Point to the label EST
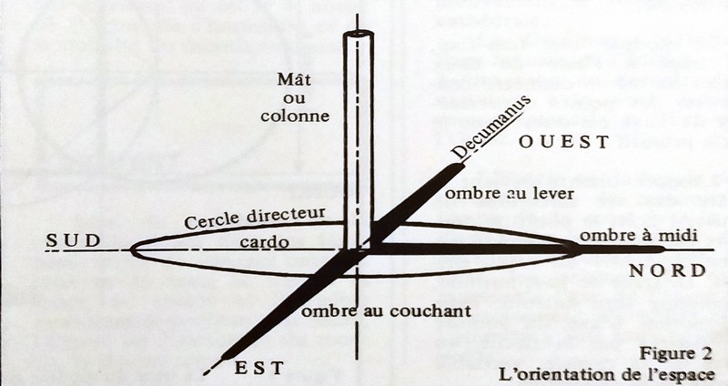pos(259,368)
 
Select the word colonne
pos(296,117)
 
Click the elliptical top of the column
pos(359,35)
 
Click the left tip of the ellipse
pos(133,249)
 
